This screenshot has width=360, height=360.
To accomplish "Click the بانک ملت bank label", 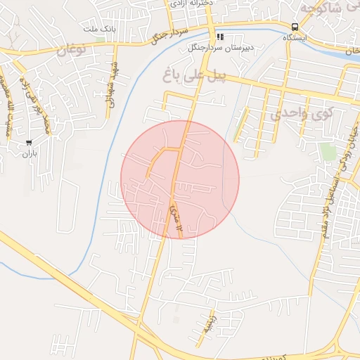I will click(x=98, y=28).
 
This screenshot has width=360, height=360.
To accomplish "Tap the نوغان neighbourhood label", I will click(x=70, y=50).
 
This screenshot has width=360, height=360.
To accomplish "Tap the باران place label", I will click(x=28, y=153).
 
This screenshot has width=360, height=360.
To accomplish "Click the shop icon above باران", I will click(x=28, y=142).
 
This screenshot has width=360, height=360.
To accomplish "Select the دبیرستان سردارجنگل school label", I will click(x=219, y=48).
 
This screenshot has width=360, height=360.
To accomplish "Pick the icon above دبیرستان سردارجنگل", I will click(x=219, y=37).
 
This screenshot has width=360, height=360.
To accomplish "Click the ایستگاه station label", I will click(x=295, y=39).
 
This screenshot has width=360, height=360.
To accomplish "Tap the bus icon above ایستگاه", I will click(x=295, y=28).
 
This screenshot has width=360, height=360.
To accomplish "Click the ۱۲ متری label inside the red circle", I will click(x=175, y=217).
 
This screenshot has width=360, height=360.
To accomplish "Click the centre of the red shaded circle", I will click(x=180, y=179).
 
